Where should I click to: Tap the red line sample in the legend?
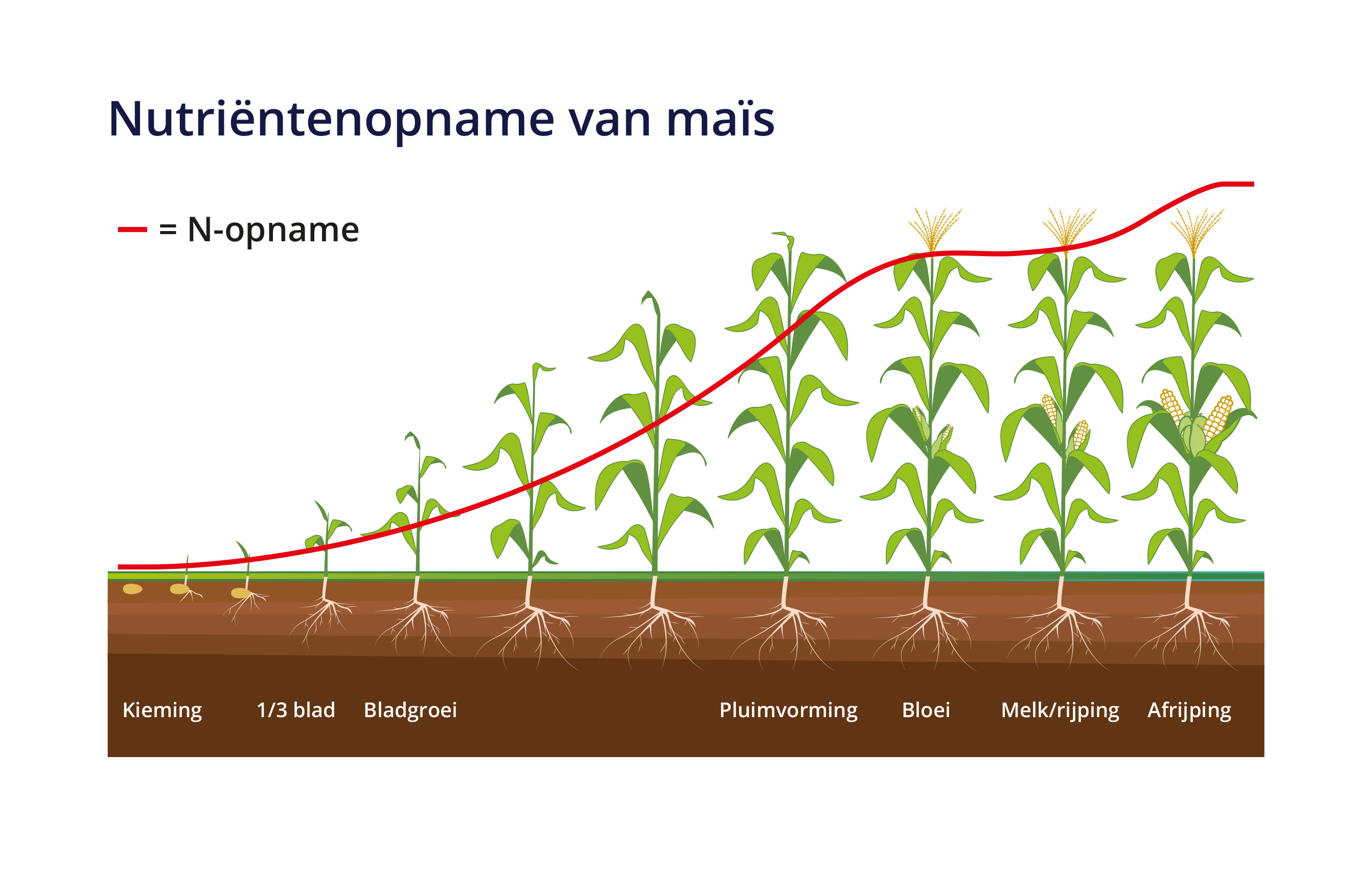click(x=132, y=230)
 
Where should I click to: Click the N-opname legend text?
click(x=273, y=231)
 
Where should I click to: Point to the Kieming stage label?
click(x=162, y=710)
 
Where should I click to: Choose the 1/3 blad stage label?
click(x=296, y=709)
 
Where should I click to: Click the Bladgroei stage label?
click(x=410, y=710)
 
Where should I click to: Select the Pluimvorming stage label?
click(x=788, y=710)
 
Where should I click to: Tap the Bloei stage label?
click(x=926, y=709)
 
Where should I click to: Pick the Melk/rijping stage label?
click(x=1060, y=710)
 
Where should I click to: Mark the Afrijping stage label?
click(x=1189, y=710)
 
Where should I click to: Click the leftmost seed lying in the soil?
click(x=133, y=589)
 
